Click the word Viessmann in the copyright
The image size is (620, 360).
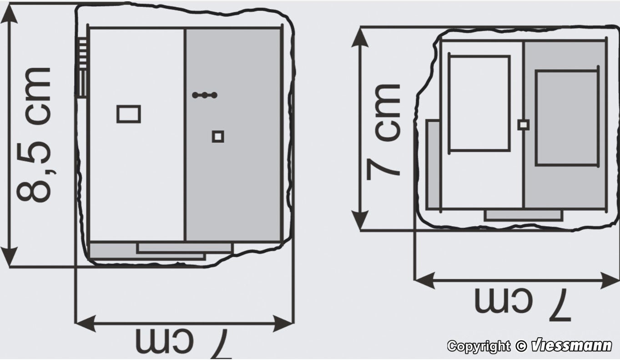[x=571, y=346]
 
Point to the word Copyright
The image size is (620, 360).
[x=479, y=346]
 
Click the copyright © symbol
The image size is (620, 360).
[x=521, y=346]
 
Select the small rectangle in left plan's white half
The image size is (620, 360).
[x=129, y=114]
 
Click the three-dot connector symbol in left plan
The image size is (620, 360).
[x=205, y=95]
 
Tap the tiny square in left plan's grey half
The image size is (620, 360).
[x=218, y=136]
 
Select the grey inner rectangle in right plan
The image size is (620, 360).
[x=566, y=118]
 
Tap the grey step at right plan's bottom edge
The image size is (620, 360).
[x=523, y=215]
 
